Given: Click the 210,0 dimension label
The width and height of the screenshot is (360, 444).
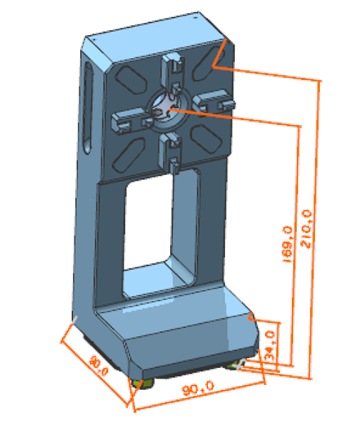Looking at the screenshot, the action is pyautogui.click(x=306, y=229).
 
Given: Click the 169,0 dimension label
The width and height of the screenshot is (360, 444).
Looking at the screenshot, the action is pyautogui.click(x=287, y=244).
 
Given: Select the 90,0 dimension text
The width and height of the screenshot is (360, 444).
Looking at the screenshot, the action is pyautogui.click(x=198, y=388).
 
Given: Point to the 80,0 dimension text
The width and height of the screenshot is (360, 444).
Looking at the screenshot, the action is pyautogui.click(x=98, y=366).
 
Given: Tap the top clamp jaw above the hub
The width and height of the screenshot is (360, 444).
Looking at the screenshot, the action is pyautogui.click(x=172, y=73).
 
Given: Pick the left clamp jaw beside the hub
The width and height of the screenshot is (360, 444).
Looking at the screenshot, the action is pyautogui.click(x=133, y=121).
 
